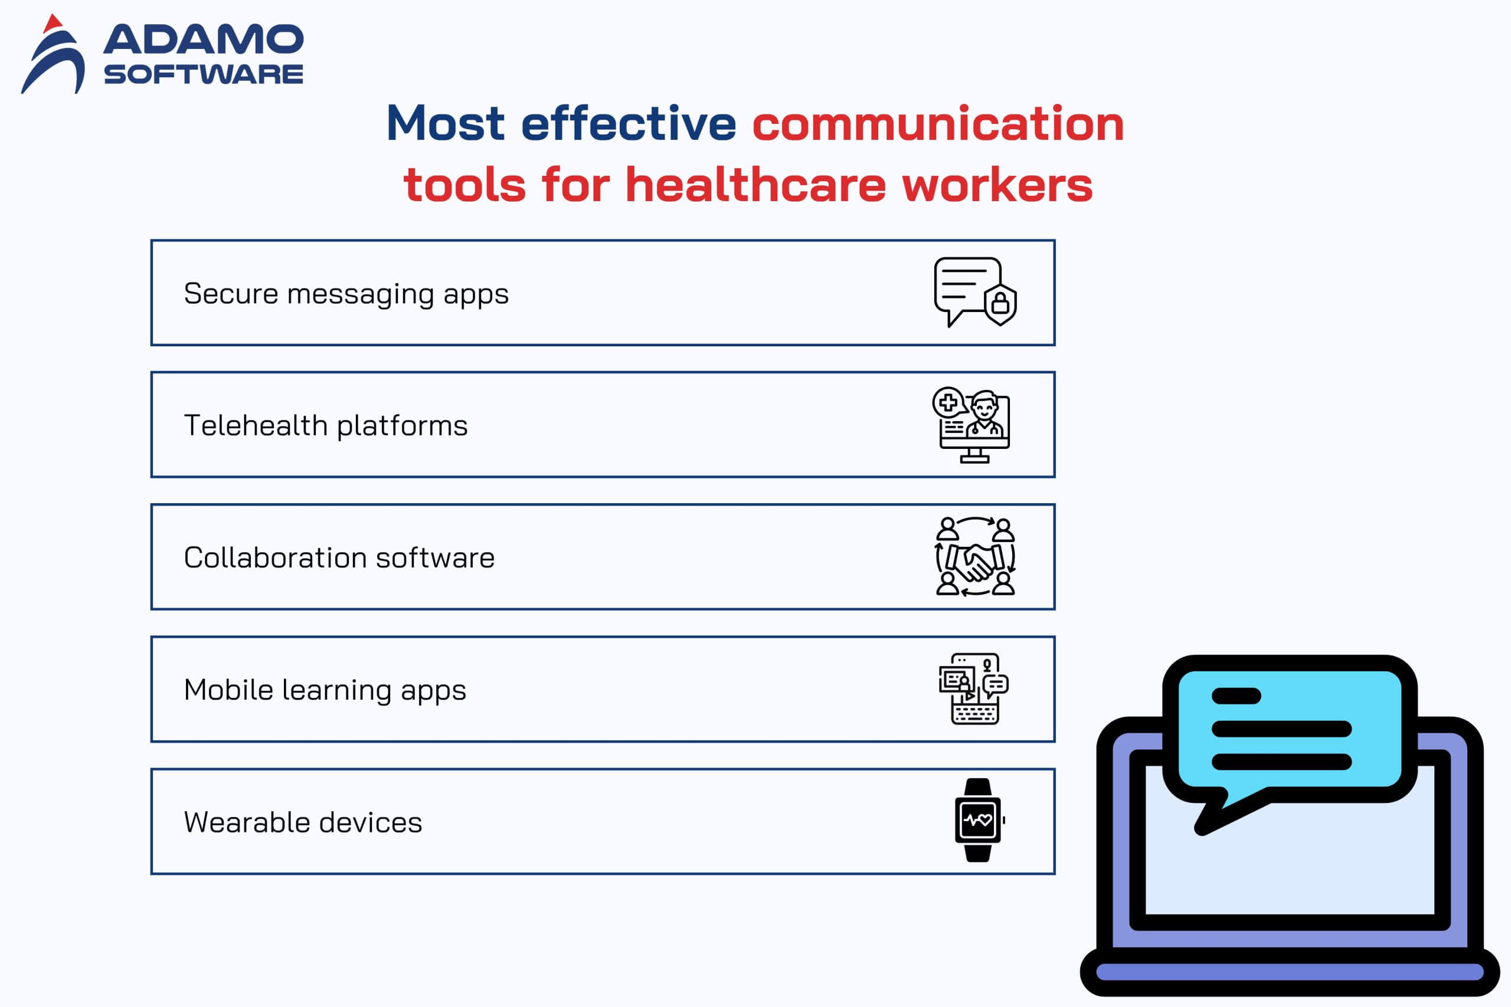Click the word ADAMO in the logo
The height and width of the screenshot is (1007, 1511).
203,39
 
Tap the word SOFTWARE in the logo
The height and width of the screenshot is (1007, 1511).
203,74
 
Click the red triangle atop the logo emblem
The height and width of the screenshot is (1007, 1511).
53,23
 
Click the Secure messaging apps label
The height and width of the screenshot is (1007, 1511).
346,294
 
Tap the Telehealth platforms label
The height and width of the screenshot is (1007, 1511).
326,425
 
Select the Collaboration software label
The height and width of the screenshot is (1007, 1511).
339,557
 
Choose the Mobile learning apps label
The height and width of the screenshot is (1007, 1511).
325,690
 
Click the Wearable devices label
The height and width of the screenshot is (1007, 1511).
303,822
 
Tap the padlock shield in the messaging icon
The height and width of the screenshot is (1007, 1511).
1000,303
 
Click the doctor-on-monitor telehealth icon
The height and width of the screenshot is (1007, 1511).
972,425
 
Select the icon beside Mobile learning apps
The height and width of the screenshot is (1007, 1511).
974,689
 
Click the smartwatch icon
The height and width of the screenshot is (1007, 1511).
979,820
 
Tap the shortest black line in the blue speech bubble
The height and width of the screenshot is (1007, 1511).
1236,696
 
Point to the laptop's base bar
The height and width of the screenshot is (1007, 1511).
1290,972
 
